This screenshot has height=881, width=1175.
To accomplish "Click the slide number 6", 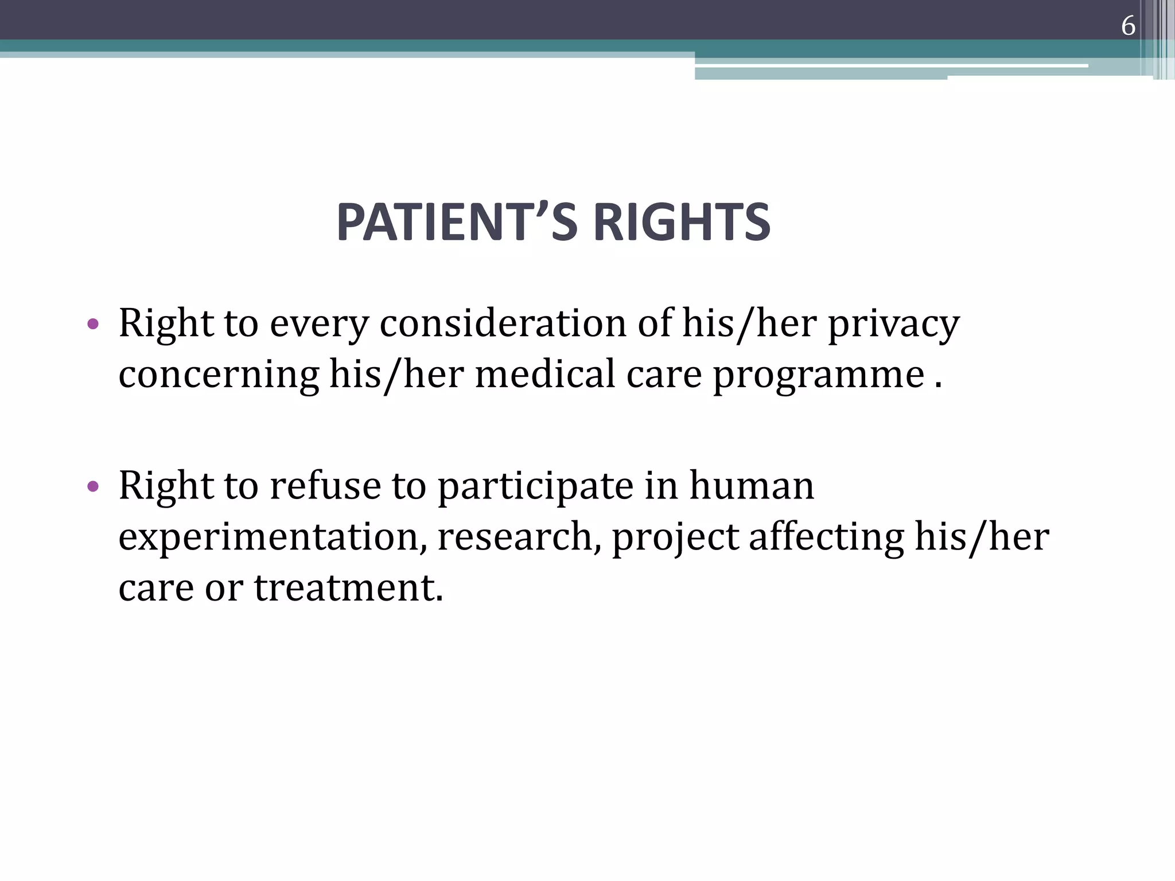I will click(1128, 26).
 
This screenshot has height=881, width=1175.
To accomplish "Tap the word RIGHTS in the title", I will click(682, 223).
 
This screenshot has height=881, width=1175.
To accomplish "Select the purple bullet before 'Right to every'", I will click(93, 324).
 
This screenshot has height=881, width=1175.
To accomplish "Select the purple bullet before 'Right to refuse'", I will click(93, 487).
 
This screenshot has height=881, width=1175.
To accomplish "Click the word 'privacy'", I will click(893, 325).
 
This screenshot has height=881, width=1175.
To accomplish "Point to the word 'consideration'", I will click(503, 323).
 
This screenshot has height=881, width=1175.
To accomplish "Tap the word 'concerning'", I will click(219, 375).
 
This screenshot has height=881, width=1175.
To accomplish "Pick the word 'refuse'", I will click(325, 486).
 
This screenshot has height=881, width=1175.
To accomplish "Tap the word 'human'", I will click(751, 486).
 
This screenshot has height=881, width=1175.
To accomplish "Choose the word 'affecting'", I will click(826, 538).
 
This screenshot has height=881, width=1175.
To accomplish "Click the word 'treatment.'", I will click(348, 588).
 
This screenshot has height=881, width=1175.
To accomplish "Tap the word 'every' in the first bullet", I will click(319, 325).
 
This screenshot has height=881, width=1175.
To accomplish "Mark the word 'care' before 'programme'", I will click(664, 375).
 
